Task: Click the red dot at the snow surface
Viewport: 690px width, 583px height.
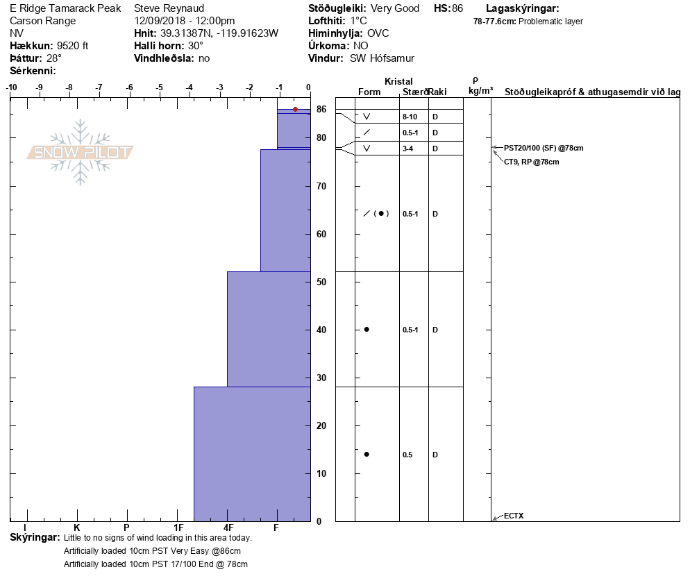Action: (295, 109)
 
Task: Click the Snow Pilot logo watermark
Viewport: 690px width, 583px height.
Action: (81, 152)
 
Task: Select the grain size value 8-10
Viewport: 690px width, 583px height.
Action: (410, 117)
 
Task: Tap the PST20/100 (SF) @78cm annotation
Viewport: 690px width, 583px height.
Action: (544, 148)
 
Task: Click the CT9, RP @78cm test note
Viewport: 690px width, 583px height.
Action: (532, 162)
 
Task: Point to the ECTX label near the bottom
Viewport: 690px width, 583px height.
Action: (514, 516)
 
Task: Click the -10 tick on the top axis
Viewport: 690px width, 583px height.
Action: (11, 87)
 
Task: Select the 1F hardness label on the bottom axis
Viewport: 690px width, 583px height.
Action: (178, 528)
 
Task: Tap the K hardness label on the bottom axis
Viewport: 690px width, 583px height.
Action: (77, 528)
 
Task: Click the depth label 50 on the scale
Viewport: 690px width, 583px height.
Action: (321, 282)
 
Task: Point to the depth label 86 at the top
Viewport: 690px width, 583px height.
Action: (321, 110)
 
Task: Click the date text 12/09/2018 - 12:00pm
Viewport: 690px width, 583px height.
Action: (184, 21)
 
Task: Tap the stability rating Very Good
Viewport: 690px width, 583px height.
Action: (396, 8)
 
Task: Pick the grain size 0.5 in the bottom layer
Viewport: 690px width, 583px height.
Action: (407, 455)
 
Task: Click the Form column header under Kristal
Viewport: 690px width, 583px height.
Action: (369, 92)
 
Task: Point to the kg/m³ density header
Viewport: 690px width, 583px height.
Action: (480, 91)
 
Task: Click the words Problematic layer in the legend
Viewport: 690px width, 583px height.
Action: (551, 22)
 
